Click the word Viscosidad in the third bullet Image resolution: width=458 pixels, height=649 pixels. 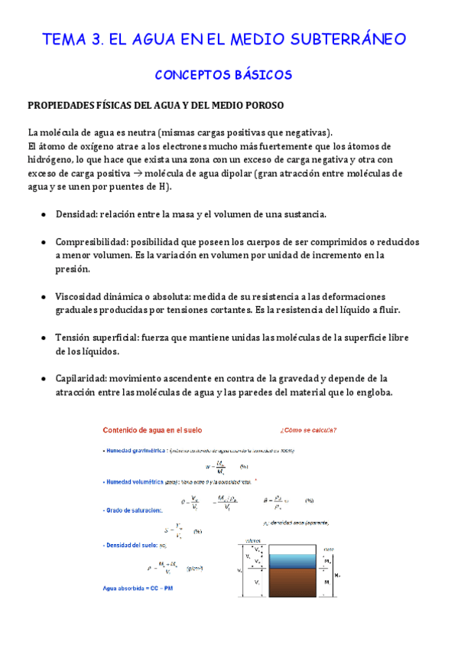tap(81, 296)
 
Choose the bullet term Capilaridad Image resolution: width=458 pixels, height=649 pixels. tap(82, 378)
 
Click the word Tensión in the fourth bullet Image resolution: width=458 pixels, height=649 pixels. tap(74, 338)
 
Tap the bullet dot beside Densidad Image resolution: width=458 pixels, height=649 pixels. tap(44, 214)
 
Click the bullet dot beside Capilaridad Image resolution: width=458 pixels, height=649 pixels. tap(44, 378)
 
